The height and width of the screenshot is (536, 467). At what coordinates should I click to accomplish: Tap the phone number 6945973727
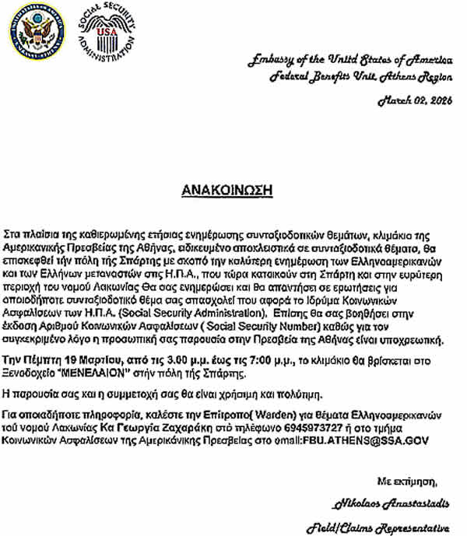click(318, 427)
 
